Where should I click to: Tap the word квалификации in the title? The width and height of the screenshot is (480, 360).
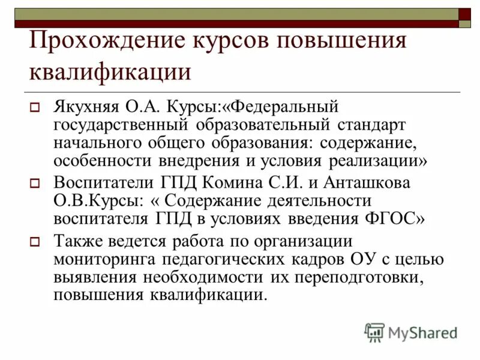tap(110, 71)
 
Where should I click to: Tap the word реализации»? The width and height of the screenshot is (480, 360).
tap(377, 161)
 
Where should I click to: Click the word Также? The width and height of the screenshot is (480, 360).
tap(76, 241)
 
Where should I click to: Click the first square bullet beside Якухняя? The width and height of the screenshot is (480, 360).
tap(35, 109)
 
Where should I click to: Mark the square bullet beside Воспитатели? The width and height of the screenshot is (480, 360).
tap(35, 184)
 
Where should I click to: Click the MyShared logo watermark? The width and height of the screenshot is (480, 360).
tap(412, 332)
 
